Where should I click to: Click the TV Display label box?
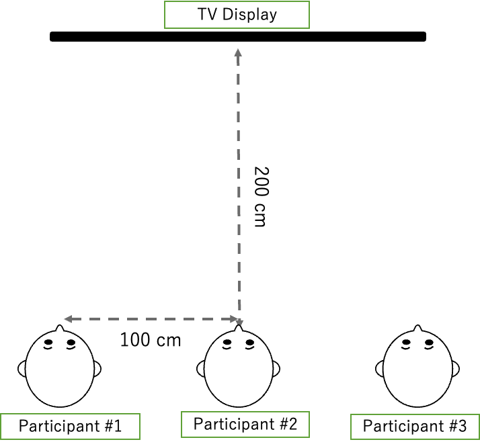(x=237, y=15)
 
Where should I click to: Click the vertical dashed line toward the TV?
(x=238, y=181)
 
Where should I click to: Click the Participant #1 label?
(x=70, y=427)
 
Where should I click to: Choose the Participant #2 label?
(x=245, y=425)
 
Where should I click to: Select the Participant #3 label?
(x=415, y=427)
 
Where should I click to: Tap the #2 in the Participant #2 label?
(x=288, y=425)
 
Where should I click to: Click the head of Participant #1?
(x=60, y=369)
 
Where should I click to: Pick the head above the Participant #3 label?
(x=418, y=369)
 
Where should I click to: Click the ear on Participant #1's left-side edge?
(x=23, y=369)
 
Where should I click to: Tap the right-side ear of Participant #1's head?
(x=97, y=369)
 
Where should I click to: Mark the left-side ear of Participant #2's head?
(x=202, y=369)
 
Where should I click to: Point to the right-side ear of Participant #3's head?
(x=455, y=369)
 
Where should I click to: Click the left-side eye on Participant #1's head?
(x=49, y=345)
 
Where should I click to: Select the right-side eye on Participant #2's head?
(x=250, y=345)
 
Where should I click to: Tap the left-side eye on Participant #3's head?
(x=407, y=345)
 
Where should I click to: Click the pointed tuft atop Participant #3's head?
(x=418, y=330)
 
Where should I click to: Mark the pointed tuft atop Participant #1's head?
(x=60, y=330)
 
